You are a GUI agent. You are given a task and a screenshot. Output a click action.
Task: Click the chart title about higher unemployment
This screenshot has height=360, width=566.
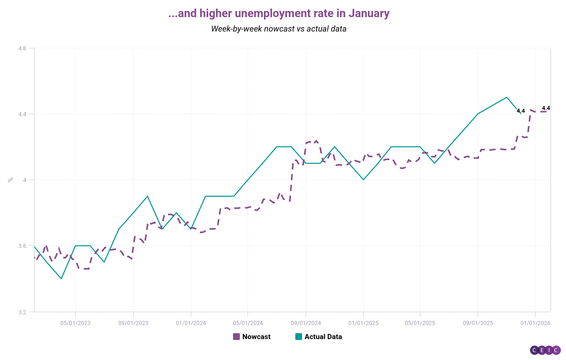pyautogui.click(x=279, y=13)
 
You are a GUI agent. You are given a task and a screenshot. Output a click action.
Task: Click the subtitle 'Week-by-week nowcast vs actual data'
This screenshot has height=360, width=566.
pyautogui.click(x=279, y=29)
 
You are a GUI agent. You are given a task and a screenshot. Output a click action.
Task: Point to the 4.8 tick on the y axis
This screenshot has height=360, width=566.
pyautogui.click(x=22, y=48)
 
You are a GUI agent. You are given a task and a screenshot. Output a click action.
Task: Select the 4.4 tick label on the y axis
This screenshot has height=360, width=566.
pyautogui.click(x=22, y=114)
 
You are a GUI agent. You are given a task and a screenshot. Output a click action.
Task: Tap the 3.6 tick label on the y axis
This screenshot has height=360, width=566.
pyautogui.click(x=22, y=246)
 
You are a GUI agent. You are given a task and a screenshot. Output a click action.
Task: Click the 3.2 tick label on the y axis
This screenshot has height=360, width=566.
pyautogui.click(x=22, y=312)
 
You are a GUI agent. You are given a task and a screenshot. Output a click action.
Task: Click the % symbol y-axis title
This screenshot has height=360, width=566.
pyautogui.click(x=11, y=179)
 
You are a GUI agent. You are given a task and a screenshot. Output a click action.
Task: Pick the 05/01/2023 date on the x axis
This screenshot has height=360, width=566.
pyautogui.click(x=75, y=323)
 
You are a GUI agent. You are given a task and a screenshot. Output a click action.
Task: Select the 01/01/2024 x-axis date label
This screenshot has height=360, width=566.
pyautogui.click(x=191, y=323)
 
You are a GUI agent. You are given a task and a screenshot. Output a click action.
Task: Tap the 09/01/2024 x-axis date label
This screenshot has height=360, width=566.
pyautogui.click(x=306, y=323)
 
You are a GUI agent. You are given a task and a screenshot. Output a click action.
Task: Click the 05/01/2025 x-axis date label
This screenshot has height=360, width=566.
pyautogui.click(x=420, y=323)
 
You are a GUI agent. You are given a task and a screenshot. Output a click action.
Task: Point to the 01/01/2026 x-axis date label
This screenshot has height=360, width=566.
pyautogui.click(x=535, y=323)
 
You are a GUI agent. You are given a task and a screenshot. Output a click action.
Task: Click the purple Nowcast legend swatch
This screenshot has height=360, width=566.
pyautogui.click(x=236, y=337)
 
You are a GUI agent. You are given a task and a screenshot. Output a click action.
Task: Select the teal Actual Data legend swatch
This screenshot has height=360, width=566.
pyautogui.click(x=299, y=337)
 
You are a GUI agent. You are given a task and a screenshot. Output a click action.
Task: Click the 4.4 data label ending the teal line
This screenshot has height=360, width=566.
pyautogui.click(x=521, y=111)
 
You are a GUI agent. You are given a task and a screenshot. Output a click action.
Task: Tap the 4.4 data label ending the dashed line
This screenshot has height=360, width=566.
pyautogui.click(x=546, y=108)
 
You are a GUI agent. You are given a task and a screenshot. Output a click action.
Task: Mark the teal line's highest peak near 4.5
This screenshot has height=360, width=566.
pyautogui.click(x=507, y=97)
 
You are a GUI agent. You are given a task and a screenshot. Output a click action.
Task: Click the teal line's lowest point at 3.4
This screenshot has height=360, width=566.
pyautogui.click(x=61, y=278)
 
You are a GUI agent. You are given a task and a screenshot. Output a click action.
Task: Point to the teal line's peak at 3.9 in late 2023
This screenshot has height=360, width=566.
pyautogui.click(x=148, y=196)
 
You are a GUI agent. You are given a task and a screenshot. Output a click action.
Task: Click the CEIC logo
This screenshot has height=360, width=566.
pyautogui.click(x=545, y=350)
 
